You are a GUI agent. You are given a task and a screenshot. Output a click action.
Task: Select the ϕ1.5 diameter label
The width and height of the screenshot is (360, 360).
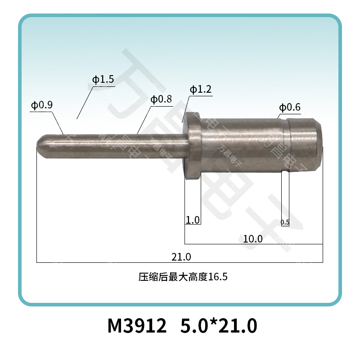tap(103, 80)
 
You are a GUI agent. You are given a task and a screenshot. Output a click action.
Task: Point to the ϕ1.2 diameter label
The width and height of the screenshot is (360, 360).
tap(201, 90)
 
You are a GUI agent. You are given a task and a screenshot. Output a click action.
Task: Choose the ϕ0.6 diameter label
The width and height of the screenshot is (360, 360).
tap(290, 108)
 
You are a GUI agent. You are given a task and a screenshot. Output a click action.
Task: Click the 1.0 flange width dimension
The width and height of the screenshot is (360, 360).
tap(193, 220)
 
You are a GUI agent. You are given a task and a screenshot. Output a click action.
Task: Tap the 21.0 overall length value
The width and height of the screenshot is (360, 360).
tap(181, 257)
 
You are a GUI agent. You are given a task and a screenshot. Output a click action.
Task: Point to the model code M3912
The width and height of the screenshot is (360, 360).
tap(136, 325)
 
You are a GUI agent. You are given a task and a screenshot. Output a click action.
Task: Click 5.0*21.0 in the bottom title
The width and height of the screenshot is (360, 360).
tap(218, 325)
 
